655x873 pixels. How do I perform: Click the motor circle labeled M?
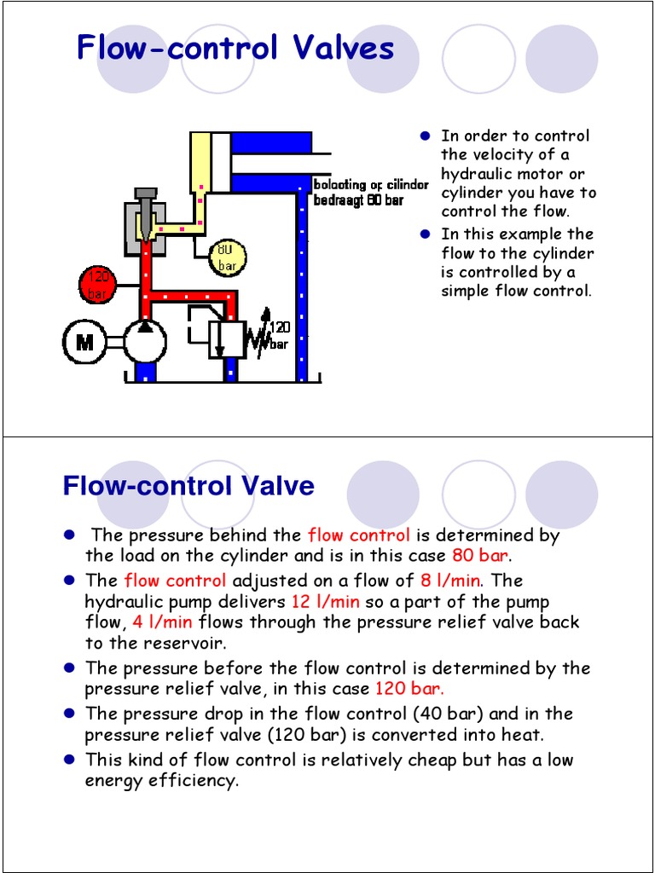(x=84, y=343)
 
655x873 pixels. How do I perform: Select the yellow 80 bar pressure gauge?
(x=227, y=257)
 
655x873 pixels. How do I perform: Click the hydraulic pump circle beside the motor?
(x=145, y=342)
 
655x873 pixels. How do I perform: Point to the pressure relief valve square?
(x=227, y=339)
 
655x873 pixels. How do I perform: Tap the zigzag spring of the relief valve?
(x=256, y=338)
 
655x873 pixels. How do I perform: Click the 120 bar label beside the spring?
(x=279, y=335)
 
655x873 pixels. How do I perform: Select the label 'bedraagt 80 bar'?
(x=358, y=201)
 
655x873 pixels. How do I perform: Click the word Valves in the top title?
(x=344, y=48)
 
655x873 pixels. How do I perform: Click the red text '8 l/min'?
(x=450, y=581)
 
